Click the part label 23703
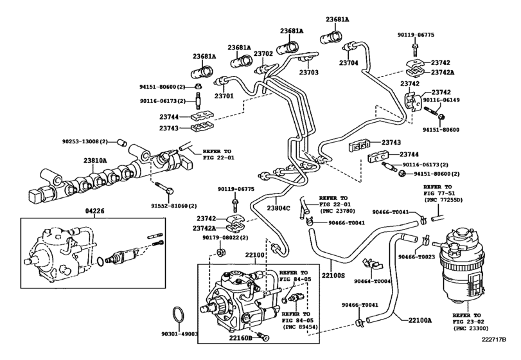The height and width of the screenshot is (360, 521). tap(309, 73)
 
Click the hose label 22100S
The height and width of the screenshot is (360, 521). tap(334, 275)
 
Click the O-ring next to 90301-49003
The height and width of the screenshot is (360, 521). tap(181, 317)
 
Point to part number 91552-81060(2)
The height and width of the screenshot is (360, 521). tap(179, 206)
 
